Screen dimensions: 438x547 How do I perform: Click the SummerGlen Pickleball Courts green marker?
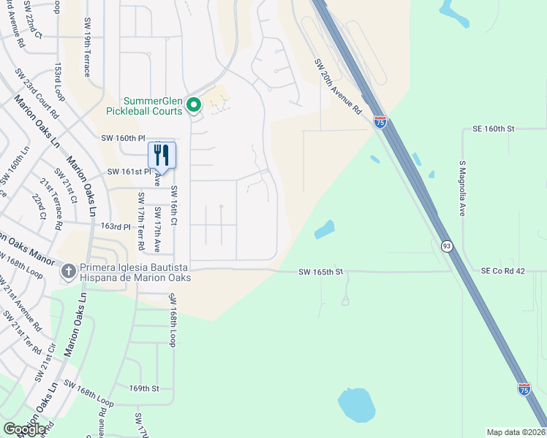[x=194, y=105]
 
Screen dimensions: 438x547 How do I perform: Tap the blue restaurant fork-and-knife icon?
[x=162, y=155]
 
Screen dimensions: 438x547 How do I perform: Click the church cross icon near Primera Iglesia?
[x=68, y=272]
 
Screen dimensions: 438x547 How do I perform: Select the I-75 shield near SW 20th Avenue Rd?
[x=380, y=122]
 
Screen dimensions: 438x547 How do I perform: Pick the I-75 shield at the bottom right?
[x=524, y=389]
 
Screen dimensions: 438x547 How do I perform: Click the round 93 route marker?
[x=446, y=247]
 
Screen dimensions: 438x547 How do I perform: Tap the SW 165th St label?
[x=320, y=272]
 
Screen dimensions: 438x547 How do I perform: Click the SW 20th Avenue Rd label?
[x=339, y=85]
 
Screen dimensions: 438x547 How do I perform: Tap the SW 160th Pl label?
[x=123, y=138]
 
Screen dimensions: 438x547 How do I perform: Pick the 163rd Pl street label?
[x=116, y=227]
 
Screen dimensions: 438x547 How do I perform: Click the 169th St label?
[x=144, y=388]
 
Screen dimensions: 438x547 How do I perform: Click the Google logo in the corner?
[x=25, y=429]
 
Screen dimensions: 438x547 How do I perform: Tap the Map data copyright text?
[x=516, y=432]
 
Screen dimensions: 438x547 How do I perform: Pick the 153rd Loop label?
[x=59, y=81]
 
